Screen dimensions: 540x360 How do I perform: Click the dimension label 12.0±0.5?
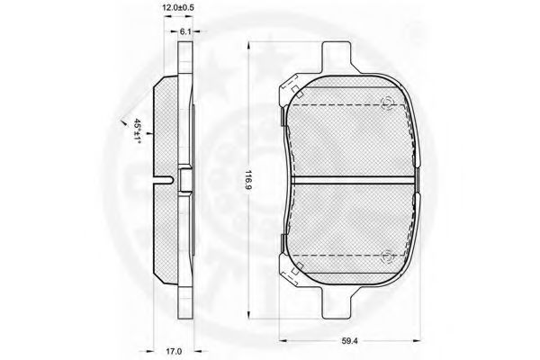(x=178, y=8)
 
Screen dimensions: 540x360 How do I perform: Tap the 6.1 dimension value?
(x=185, y=31)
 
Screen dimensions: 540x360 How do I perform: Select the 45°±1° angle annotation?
(x=138, y=130)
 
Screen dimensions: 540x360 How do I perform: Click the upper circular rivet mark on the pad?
(x=387, y=103)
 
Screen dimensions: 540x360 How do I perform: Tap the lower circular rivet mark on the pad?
(x=387, y=257)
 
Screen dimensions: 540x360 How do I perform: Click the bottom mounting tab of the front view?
(x=337, y=302)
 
